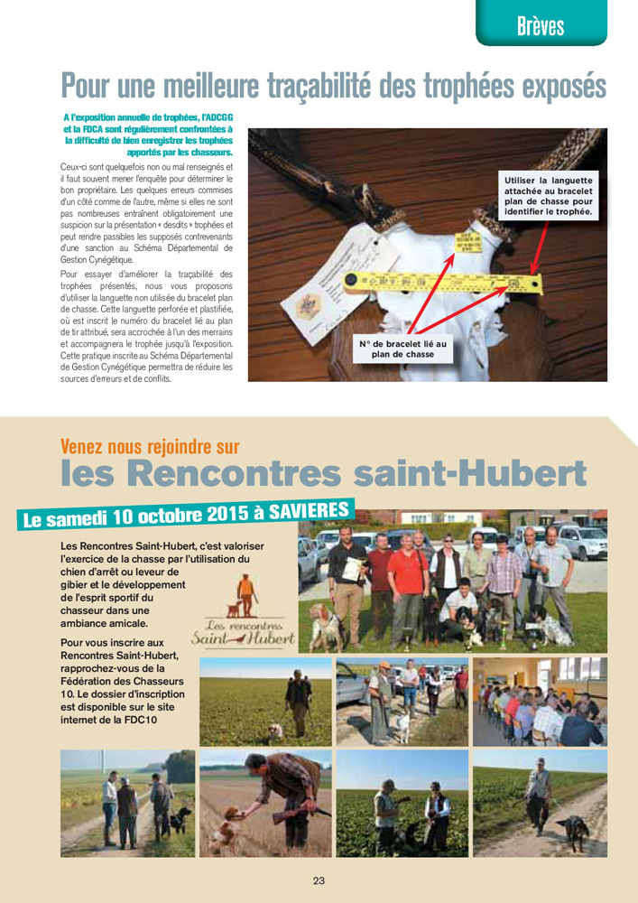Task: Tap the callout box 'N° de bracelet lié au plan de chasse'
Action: point(402,349)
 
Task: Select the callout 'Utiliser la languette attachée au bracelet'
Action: point(549,196)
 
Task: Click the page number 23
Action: point(319,880)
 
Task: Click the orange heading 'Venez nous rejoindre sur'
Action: point(150,446)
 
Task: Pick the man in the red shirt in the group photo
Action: point(408,578)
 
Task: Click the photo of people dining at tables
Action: point(540,703)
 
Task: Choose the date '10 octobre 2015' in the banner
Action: point(180,516)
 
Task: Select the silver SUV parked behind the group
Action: point(581,541)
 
